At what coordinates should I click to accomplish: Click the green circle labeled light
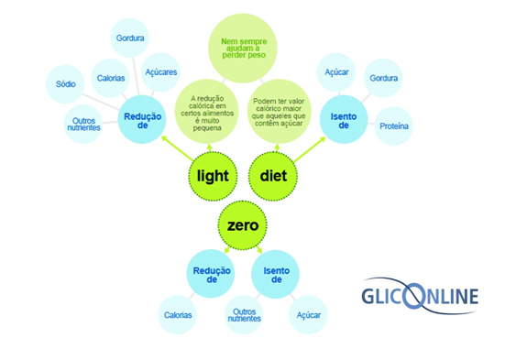point(213,174)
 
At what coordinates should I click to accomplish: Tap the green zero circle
point(243,223)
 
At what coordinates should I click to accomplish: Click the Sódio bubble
point(66,84)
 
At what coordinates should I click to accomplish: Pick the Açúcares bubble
point(161,72)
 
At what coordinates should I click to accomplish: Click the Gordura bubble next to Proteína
point(384,79)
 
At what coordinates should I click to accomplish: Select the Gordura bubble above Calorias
point(128,38)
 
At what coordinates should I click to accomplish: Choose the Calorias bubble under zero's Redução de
point(179,314)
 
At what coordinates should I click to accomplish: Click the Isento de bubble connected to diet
point(343,119)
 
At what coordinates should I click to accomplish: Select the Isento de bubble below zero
point(276,273)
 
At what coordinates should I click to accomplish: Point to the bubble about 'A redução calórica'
point(206,112)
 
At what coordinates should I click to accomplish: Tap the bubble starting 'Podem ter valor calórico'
point(281,112)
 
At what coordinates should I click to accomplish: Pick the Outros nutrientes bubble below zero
point(245,314)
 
